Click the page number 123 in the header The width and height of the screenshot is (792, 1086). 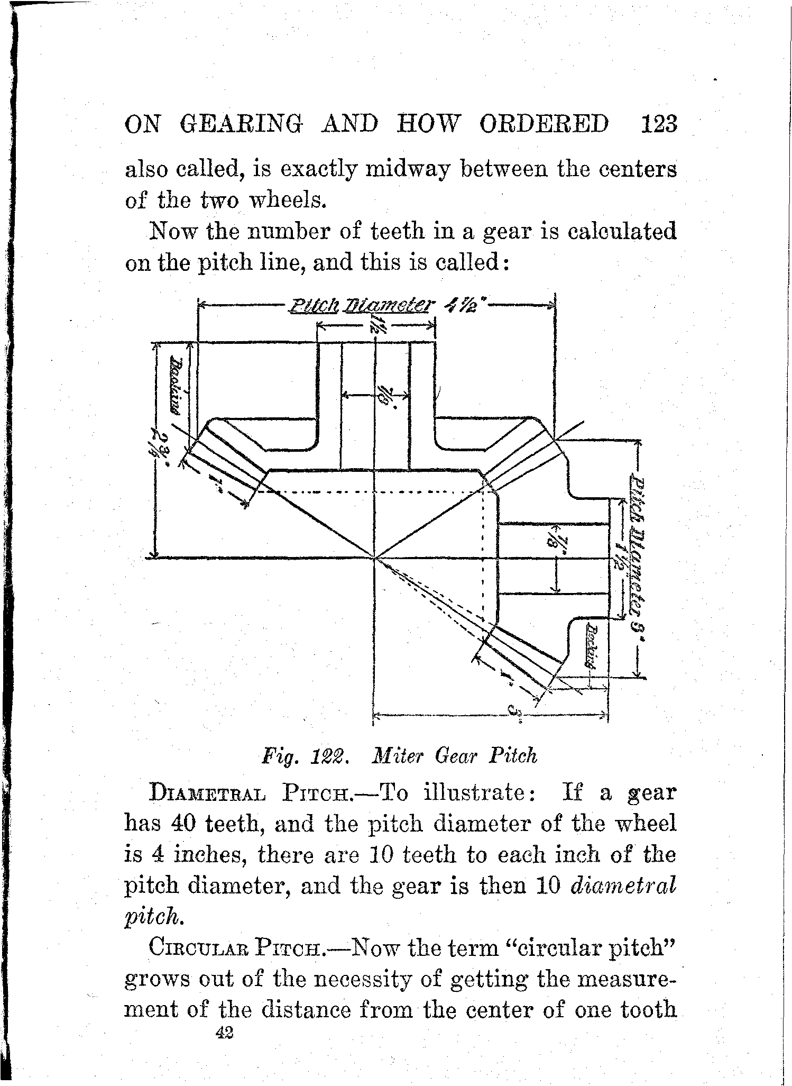[658, 125]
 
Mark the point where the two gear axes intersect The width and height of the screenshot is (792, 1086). [374, 558]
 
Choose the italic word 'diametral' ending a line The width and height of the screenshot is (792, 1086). [623, 886]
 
